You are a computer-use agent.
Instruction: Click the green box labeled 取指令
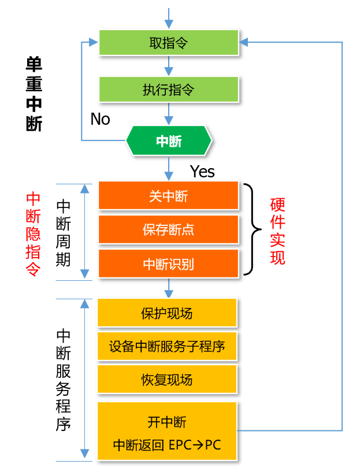point(168,43)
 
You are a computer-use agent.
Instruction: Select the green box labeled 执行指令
point(168,90)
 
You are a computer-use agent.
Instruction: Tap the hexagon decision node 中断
point(169,141)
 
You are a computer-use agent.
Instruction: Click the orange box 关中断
point(168,196)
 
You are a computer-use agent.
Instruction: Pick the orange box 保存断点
point(168,230)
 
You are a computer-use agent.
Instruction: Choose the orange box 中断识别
point(168,264)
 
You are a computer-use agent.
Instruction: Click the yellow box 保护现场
point(167,313)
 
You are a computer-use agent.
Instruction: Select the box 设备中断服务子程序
point(167,347)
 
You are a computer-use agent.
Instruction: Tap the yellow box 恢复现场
point(167,380)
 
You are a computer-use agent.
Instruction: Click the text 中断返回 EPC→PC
point(167,445)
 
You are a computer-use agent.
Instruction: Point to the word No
point(100,119)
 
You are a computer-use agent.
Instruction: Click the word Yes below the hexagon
point(202,172)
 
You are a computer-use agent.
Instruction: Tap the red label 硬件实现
point(277,231)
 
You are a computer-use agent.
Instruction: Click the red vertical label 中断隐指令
point(34,234)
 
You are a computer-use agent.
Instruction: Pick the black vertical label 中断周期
point(64,233)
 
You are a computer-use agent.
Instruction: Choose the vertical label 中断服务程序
point(64,380)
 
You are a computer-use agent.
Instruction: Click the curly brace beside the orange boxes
point(252,229)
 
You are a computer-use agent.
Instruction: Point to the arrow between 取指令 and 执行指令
point(168,66)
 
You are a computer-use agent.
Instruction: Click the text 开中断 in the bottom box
point(167,422)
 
